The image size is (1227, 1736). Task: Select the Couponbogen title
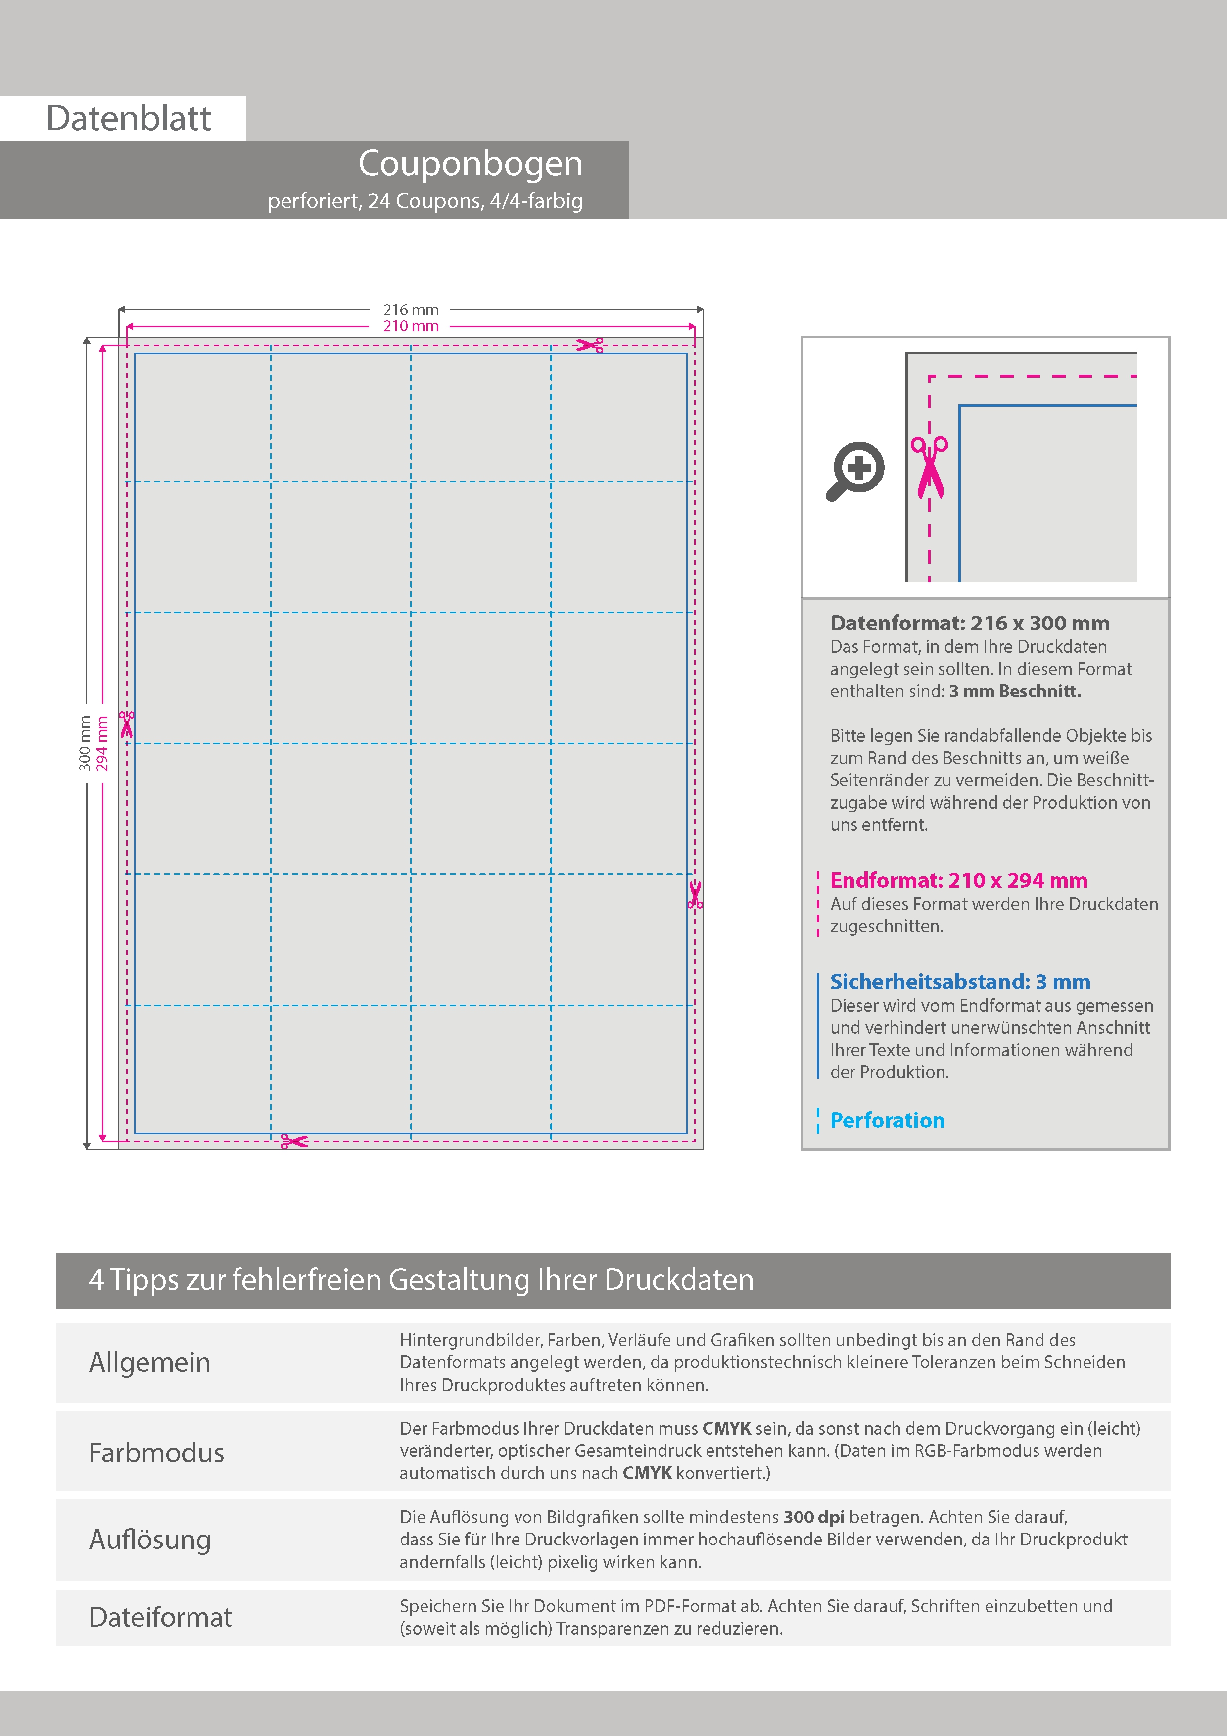point(470,163)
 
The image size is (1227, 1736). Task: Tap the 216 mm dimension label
point(411,310)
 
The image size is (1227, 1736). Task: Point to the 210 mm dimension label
point(411,326)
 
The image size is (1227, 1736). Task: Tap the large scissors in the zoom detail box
point(929,467)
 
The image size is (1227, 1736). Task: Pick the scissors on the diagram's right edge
point(695,894)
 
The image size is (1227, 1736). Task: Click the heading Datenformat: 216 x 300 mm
point(969,623)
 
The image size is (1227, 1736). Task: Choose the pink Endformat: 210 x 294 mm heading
point(958,880)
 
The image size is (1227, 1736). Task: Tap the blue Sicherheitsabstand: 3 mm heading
point(959,981)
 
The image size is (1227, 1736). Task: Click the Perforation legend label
point(887,1120)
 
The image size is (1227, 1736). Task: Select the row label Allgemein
point(150,1362)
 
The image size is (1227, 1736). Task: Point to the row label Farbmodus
point(156,1452)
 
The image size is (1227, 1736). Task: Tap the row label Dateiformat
point(160,1617)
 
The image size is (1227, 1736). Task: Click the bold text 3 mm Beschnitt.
point(1015,691)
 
